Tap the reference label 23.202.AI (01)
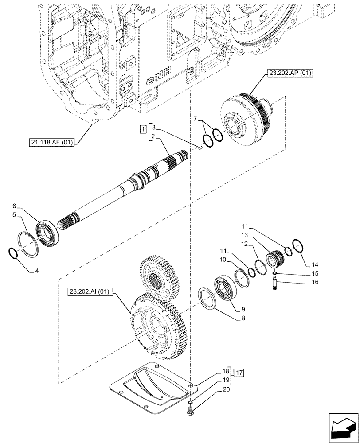coord(91,291)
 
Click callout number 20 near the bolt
coord(227,390)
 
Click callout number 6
coord(15,206)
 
